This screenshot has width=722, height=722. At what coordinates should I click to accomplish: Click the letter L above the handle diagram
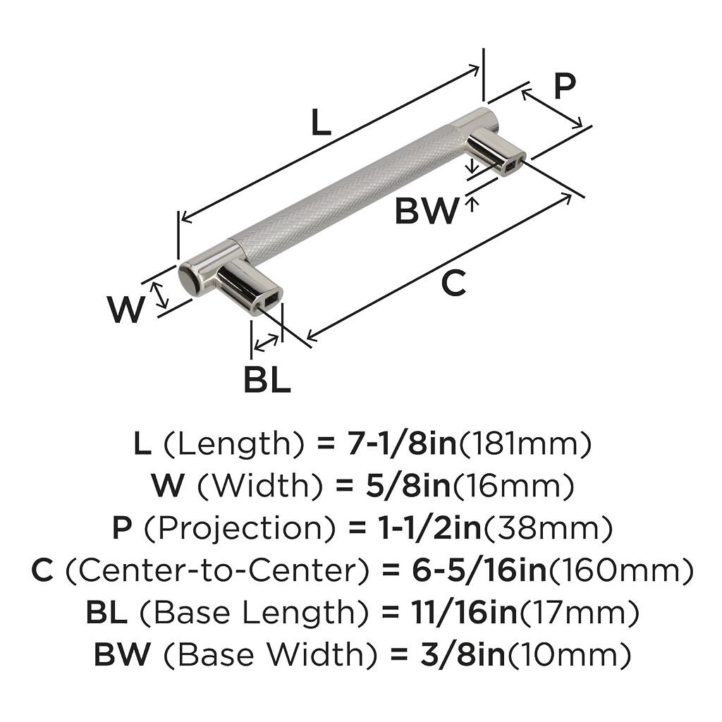320,124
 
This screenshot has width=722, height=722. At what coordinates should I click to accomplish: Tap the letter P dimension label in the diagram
563,87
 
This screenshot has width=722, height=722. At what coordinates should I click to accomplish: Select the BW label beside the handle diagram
425,210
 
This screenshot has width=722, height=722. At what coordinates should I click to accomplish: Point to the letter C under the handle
453,283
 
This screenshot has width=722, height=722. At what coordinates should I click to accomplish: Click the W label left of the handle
126,309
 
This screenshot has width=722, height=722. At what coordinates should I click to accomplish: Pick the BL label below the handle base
267,381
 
